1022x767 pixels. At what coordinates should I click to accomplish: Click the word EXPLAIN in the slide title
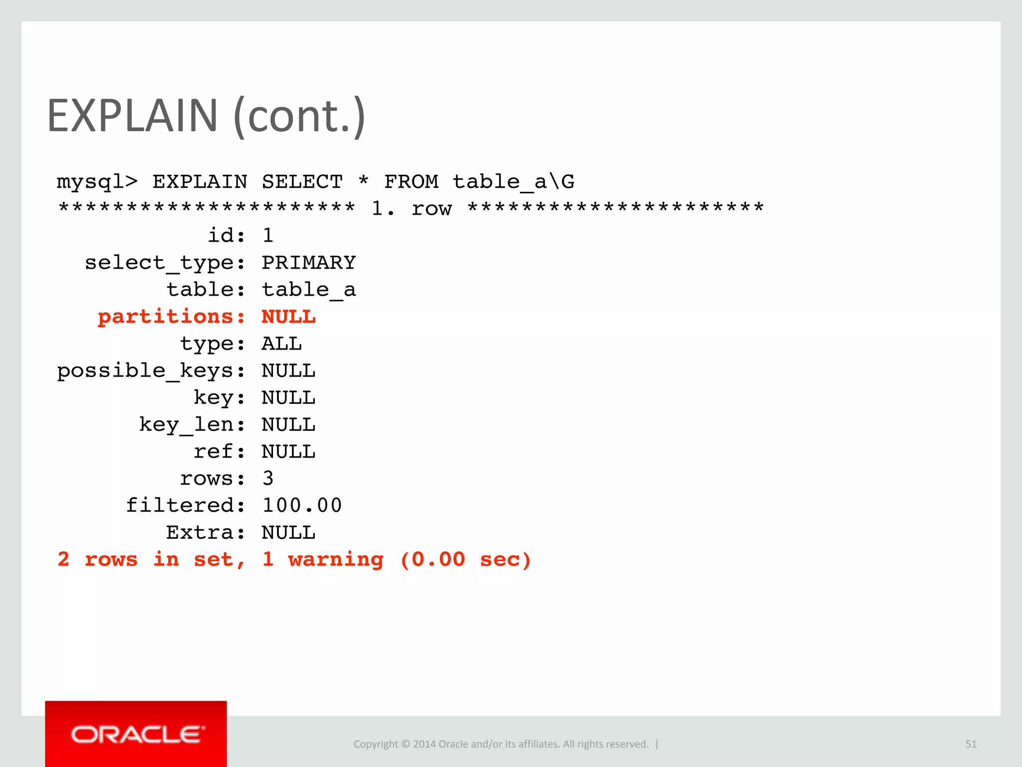[x=132, y=116]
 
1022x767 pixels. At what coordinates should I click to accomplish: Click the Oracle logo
[x=136, y=735]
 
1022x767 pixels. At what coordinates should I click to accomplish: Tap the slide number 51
[x=971, y=744]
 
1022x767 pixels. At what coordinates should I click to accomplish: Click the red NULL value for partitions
[x=288, y=317]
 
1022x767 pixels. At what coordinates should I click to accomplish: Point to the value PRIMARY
[x=308, y=263]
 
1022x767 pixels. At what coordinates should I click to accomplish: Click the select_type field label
[x=165, y=263]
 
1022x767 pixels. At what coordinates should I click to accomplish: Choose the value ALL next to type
[x=281, y=344]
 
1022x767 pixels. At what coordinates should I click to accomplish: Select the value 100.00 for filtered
[x=302, y=505]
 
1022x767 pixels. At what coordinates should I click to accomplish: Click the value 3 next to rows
[x=268, y=478]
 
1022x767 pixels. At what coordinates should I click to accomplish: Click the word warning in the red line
[x=336, y=559]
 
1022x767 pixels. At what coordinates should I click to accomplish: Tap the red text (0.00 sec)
[x=466, y=559]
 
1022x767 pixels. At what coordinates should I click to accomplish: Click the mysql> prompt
[x=97, y=182]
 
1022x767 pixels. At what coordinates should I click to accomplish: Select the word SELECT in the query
[x=302, y=182]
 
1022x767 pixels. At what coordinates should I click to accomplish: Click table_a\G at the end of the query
[x=513, y=182]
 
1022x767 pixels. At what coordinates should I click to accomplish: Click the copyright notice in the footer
[x=501, y=744]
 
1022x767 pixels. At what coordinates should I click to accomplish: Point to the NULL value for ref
[x=288, y=451]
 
